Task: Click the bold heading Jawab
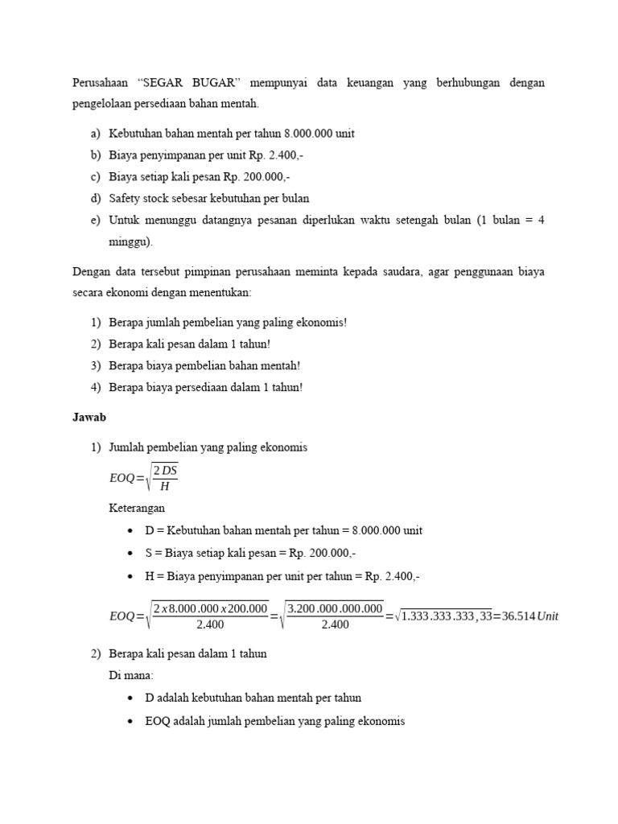[x=89, y=418]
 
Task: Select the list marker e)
[x=96, y=219]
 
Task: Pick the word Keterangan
[x=137, y=508]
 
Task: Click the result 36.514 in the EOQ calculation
[x=514, y=616]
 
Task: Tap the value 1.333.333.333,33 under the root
[x=444, y=616]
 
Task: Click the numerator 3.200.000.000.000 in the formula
[x=334, y=608]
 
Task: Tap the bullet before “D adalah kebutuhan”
[x=130, y=698]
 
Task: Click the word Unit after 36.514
[x=547, y=616]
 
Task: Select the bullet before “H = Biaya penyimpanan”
[x=130, y=576]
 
